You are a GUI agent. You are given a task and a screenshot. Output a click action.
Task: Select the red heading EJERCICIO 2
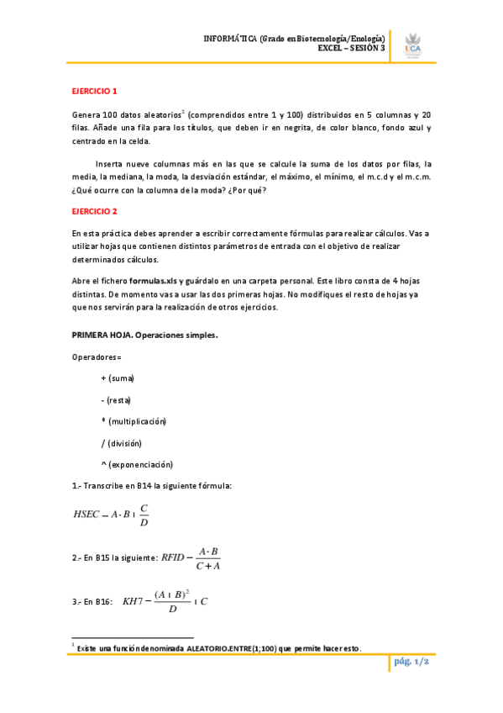95,210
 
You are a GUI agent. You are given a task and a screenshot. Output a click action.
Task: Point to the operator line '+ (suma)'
118,378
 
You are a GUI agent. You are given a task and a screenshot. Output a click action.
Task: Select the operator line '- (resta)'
116,399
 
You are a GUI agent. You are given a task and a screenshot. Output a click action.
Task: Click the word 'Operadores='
97,357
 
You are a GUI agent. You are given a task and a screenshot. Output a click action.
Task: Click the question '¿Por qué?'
252,189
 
